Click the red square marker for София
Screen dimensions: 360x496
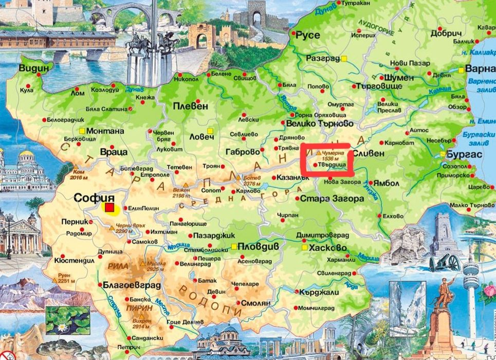pos(109,208)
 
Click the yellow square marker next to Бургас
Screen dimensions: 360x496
pos(443,154)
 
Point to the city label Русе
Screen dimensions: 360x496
pos(307,35)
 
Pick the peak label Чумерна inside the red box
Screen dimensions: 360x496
pos(334,153)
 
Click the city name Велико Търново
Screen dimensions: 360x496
pos(319,124)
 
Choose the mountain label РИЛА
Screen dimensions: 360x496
pos(119,266)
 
